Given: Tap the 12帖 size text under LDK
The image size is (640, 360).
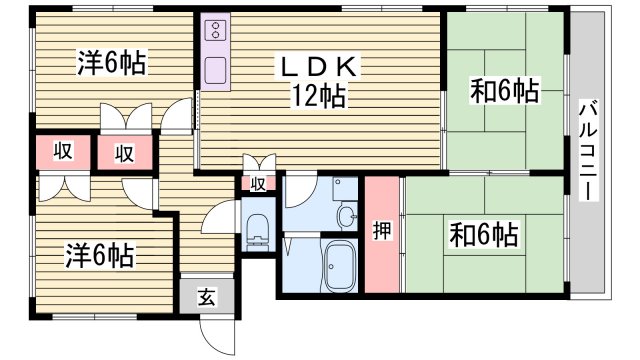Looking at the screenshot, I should point(318,97).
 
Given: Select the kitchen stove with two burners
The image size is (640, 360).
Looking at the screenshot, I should point(217,35).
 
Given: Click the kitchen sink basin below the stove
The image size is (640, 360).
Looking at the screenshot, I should point(216,70).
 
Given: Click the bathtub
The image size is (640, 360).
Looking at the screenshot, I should point(343,264).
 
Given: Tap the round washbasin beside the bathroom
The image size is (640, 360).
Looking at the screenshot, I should point(346,215).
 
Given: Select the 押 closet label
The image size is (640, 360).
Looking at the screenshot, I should point(382,230).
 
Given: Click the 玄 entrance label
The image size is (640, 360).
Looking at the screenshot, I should point(205,296).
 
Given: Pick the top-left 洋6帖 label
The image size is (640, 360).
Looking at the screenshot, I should point(112,64).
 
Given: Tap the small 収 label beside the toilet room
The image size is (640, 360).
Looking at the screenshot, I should point(258,184).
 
